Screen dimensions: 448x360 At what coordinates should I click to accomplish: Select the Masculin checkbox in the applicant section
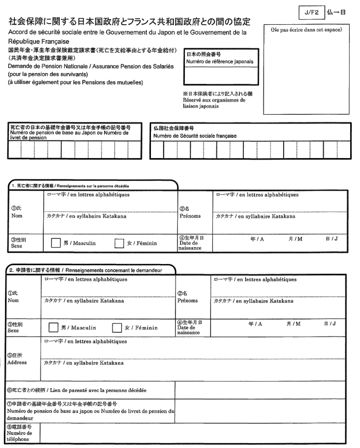pos(54,328)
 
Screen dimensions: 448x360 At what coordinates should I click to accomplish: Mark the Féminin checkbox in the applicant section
pos(117,328)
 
